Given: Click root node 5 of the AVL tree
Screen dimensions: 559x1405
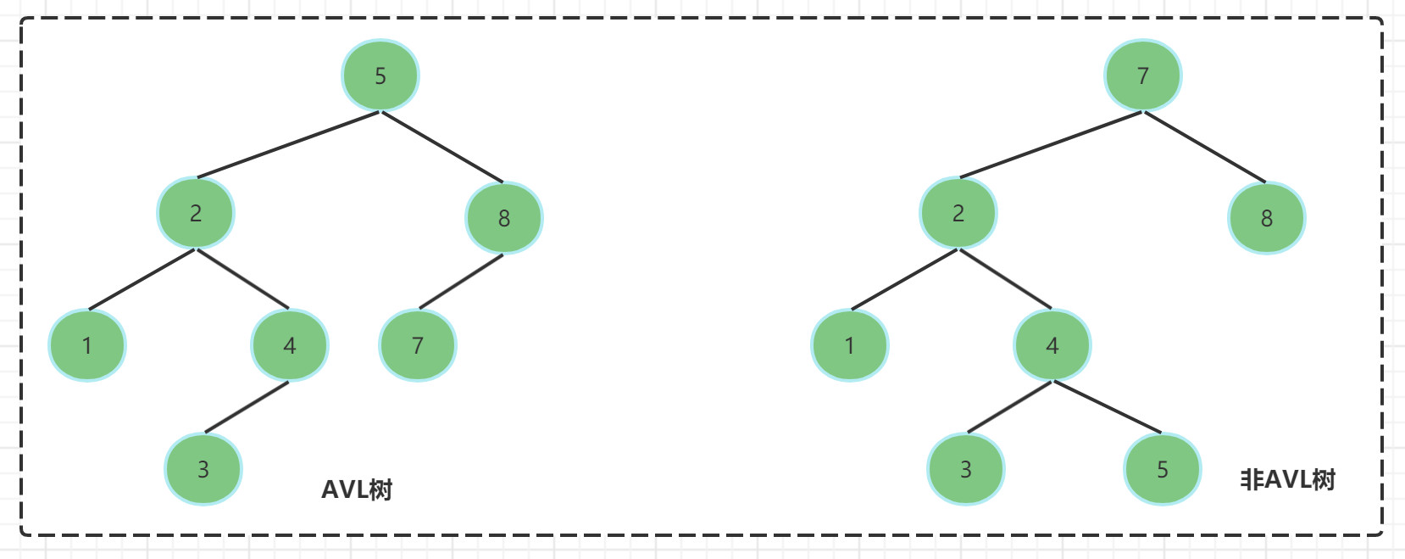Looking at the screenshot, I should coord(380,75).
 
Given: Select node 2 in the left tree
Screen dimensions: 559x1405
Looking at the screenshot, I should coord(196,213).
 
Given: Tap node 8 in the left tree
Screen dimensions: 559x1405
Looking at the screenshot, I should coord(504,218).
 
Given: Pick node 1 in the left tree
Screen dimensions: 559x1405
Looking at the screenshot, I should coord(87,345).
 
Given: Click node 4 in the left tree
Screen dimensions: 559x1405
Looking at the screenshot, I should coord(290,345).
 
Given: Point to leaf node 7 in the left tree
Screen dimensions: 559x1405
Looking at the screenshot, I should coord(418,345).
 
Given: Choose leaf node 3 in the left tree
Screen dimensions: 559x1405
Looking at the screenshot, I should coord(203,469).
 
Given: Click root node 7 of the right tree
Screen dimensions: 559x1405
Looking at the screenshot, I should coord(1143,75).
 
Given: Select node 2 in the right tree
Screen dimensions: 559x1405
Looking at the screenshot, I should coord(958,213).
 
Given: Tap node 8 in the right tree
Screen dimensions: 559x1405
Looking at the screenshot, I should coord(1267,218).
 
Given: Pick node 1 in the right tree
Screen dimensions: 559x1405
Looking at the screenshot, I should coord(850,345).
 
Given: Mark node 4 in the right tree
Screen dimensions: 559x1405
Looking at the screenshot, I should coord(1052,345).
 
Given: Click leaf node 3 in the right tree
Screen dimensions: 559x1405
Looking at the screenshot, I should coord(966,469).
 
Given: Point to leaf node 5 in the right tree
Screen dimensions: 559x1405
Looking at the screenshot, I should coord(1163,469).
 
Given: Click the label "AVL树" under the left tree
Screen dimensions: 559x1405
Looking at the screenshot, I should coord(357,489).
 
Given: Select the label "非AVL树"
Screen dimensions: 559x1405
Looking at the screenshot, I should coord(1287,480).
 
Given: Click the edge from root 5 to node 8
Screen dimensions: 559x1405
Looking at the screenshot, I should coord(441,147).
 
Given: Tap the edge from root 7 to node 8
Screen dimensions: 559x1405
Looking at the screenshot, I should coord(1204,147).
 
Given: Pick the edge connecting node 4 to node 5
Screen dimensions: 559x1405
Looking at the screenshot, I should coord(1107,407).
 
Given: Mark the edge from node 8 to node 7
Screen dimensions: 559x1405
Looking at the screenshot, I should coord(461,281).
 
